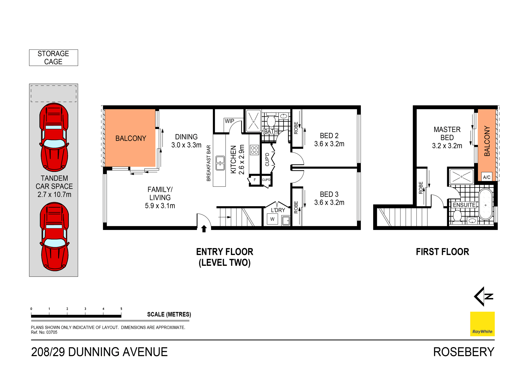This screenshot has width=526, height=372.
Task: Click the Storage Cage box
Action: (53, 58)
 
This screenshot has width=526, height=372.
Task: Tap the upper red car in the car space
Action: (54, 137)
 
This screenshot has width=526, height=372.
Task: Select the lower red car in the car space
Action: (54, 237)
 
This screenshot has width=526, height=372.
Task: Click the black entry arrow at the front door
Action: (204, 229)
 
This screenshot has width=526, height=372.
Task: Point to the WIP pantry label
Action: (229, 121)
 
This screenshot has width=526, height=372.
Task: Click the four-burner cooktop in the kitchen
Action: (254, 150)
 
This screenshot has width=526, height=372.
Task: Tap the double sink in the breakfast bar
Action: (220, 163)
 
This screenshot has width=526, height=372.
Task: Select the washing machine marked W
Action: (272, 219)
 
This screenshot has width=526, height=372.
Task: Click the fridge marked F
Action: (254, 180)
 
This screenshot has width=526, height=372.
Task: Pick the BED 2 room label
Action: (329, 135)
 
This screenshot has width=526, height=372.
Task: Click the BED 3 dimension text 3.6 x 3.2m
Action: (329, 202)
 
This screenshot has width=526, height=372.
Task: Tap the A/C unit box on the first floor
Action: (486, 177)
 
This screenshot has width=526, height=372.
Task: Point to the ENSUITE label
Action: (464, 205)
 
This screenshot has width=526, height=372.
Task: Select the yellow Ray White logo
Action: (482, 324)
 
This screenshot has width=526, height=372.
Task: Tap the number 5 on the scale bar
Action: (121, 309)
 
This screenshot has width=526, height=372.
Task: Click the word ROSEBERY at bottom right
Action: (464, 352)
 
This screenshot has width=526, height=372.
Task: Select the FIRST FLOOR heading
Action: (442, 252)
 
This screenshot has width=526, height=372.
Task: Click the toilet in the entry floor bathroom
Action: (271, 121)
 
